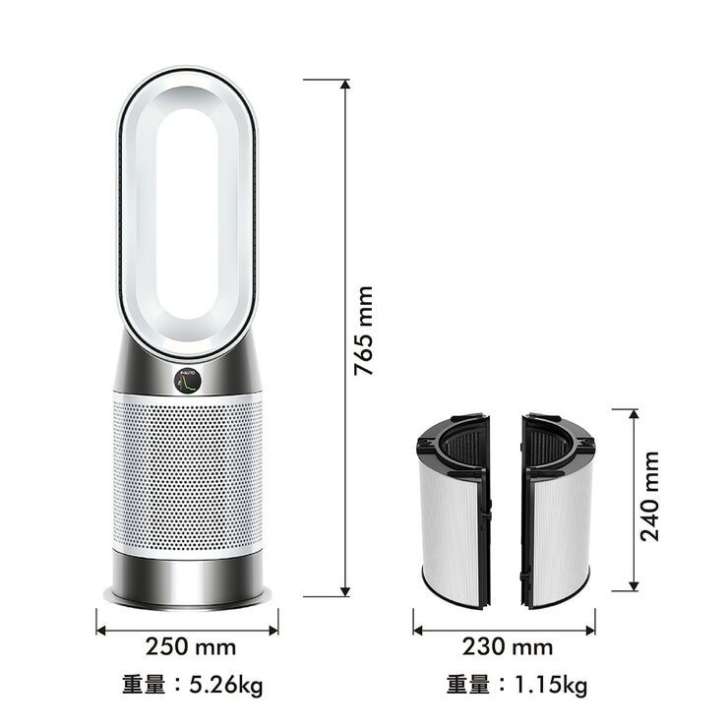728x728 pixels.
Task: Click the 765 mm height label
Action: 364,331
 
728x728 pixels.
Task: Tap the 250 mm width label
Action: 191,646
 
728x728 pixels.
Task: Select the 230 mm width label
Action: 508,646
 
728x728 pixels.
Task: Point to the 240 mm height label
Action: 650,496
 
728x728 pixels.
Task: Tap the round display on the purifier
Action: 187,379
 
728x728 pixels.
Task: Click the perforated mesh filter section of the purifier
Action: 187,472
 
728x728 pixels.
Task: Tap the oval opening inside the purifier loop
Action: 187,212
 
